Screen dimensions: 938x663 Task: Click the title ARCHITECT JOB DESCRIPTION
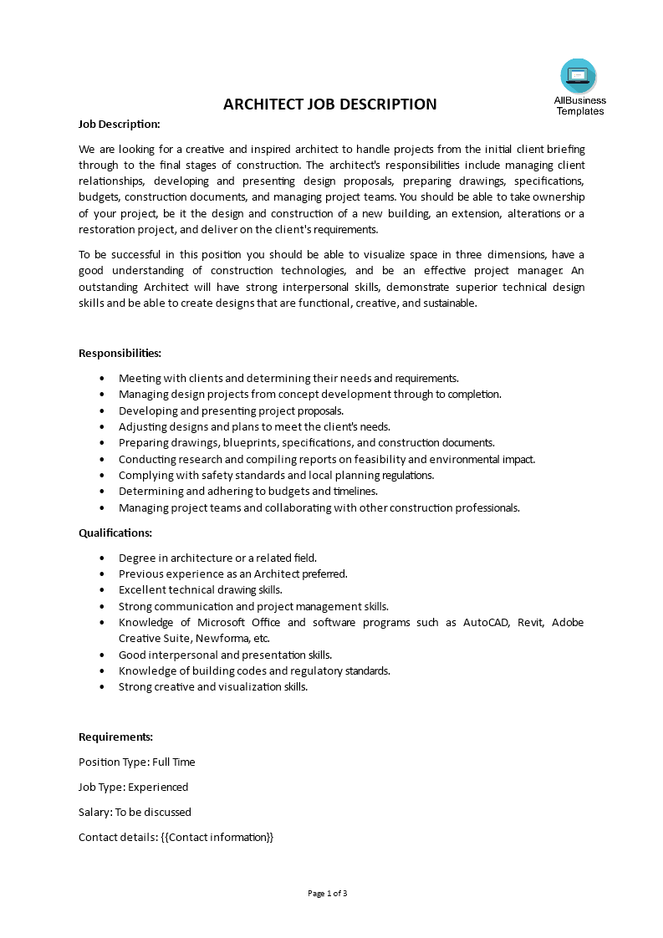[x=329, y=105]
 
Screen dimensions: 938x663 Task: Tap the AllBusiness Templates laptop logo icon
[x=579, y=76]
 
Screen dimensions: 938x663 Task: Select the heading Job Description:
[x=119, y=124]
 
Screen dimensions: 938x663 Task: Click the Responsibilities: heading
[x=120, y=353]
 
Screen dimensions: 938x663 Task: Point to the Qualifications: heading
[x=115, y=533]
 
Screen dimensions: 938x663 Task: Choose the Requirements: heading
[x=115, y=737]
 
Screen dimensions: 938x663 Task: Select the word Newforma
[x=222, y=639]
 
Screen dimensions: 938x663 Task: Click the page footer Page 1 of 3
[x=328, y=893]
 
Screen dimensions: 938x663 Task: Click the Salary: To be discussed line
[x=135, y=812]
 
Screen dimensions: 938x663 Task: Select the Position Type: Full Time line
[x=137, y=762]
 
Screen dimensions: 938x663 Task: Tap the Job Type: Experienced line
[x=134, y=787]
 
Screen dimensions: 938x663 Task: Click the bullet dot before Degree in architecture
[x=102, y=558]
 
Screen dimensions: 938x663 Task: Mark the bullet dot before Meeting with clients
[x=102, y=378]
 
